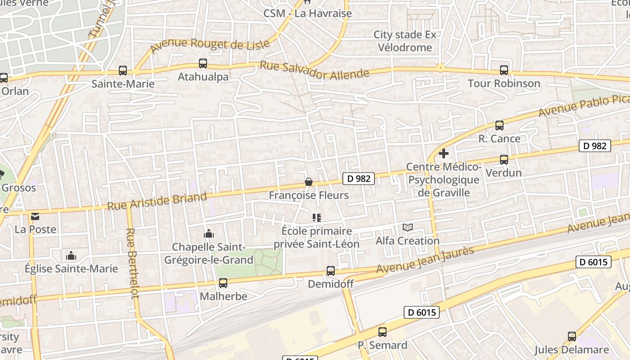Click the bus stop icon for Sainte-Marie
pos(123,71)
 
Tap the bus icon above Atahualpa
pos(203,63)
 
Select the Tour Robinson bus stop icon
pos(504,70)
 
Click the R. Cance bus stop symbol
pos(499,126)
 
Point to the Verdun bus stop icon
pos(504,160)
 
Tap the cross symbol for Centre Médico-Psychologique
pos(444,153)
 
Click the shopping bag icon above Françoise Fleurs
pos(309,182)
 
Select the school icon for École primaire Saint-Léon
pos(317,218)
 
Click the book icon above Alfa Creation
pos(408,228)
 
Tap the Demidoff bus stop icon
pos(331,271)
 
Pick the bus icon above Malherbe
pos(223,283)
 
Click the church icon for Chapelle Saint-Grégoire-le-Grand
pos(209,234)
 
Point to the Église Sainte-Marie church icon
pos(71,256)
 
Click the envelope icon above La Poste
pos(35,216)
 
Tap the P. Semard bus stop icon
pos(382,332)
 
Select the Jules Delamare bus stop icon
pos(572,336)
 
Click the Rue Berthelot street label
pos(132,263)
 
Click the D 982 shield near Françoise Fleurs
pos(359,179)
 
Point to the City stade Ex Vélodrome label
pos(405,41)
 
